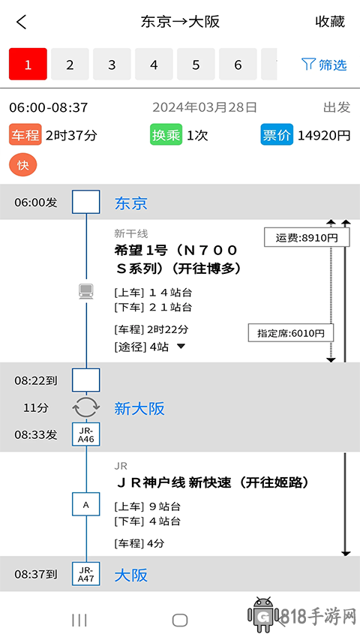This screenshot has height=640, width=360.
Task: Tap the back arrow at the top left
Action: [22, 22]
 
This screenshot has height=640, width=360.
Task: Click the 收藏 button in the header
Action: [330, 22]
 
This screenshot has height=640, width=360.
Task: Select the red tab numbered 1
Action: [28, 64]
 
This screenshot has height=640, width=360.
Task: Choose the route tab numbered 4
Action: [154, 64]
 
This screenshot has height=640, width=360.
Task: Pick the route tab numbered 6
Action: [238, 64]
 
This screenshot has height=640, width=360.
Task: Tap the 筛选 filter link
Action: [325, 65]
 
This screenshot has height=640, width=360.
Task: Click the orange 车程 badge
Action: [25, 135]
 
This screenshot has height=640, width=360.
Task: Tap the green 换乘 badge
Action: [166, 135]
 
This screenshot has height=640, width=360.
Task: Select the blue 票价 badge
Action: [277, 135]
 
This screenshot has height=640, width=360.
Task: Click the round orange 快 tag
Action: [22, 165]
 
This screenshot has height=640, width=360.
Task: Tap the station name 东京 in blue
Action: [131, 203]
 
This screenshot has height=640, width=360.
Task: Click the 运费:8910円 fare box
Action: [307, 237]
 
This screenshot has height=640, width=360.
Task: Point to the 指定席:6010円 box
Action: [291, 332]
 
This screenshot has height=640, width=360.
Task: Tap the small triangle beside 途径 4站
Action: [181, 347]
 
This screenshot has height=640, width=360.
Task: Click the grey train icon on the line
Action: [86, 291]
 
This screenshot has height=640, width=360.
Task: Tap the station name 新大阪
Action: [139, 408]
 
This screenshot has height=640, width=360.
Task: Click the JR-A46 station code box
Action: [86, 434]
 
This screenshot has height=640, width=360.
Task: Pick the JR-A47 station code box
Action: [86, 574]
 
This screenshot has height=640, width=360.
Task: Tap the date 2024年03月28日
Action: [205, 107]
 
